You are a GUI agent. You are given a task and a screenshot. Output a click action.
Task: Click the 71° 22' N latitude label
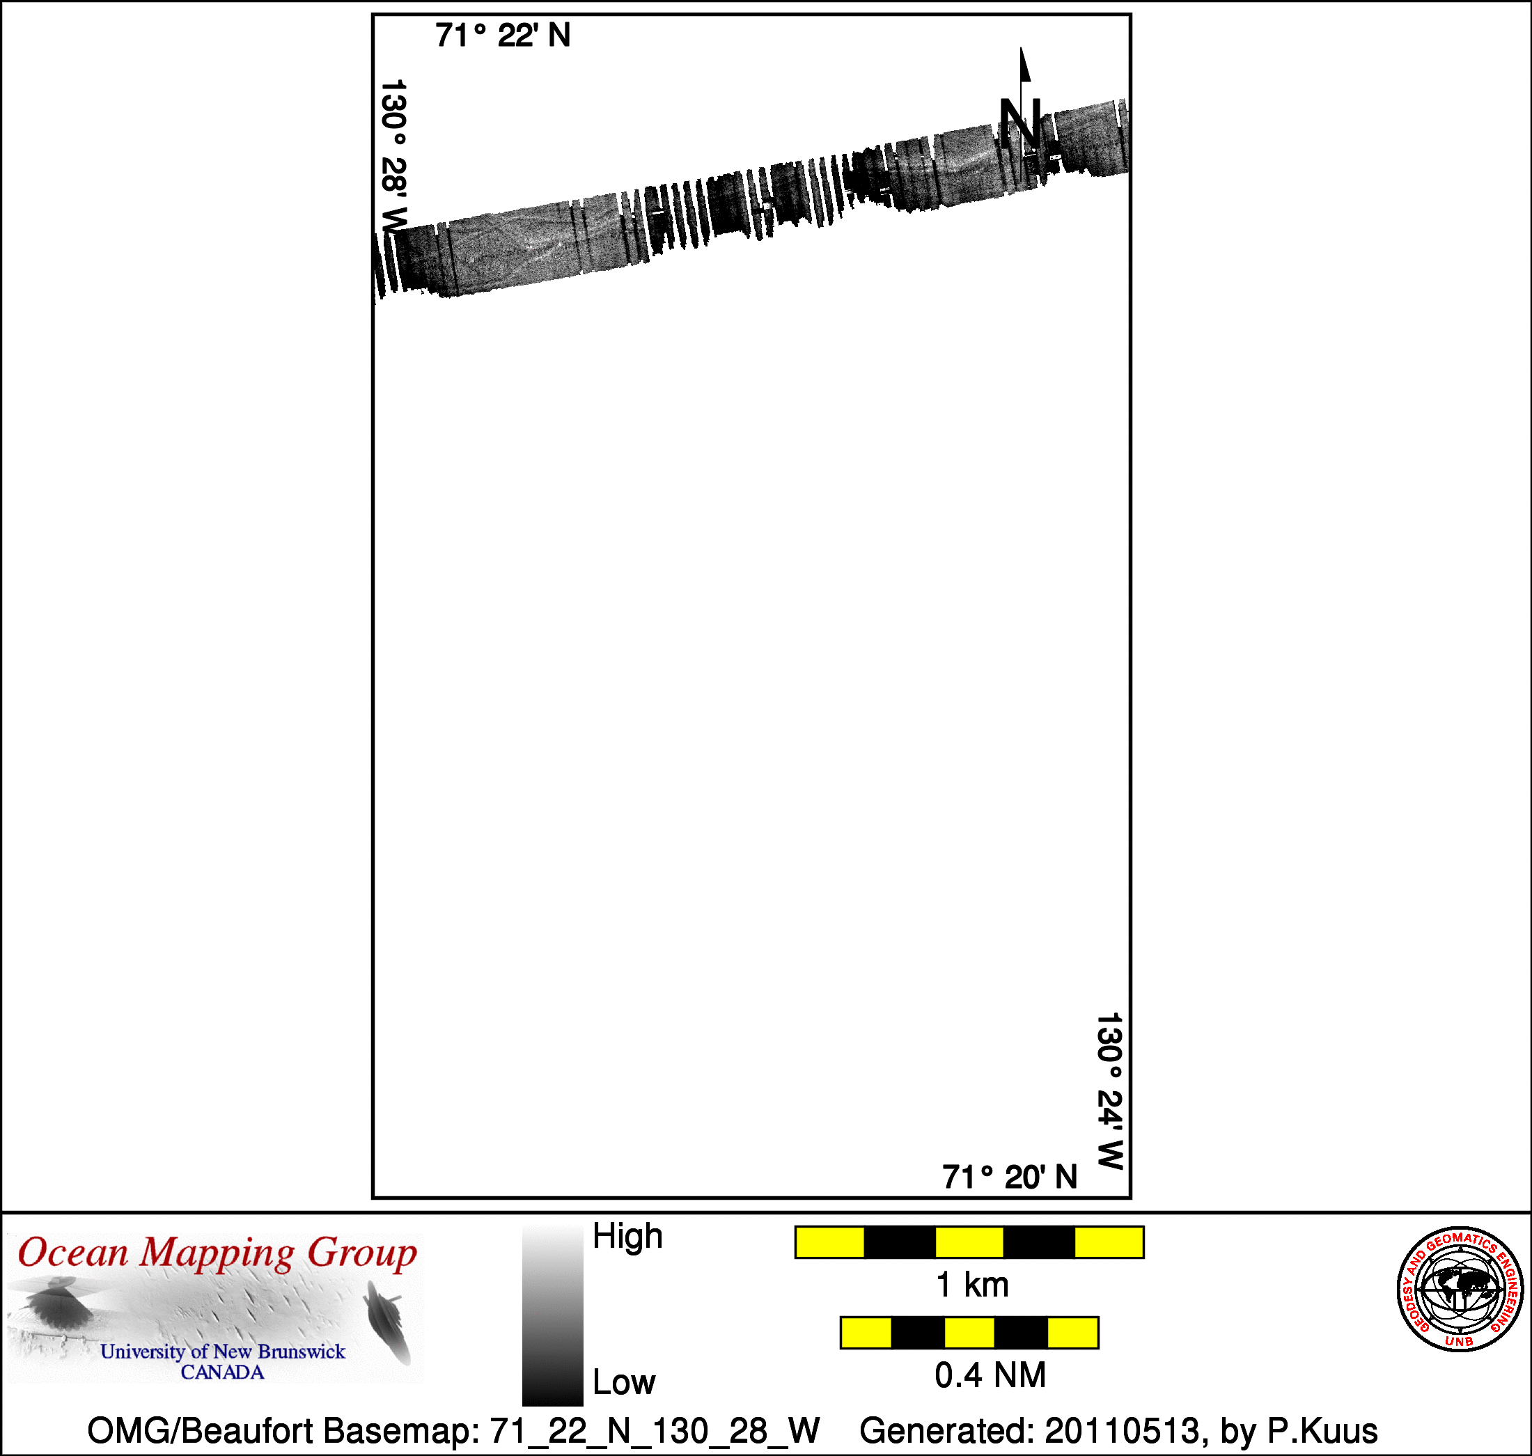pyautogui.click(x=503, y=36)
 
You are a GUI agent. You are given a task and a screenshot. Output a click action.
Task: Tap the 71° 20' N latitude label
pyautogui.click(x=1010, y=1177)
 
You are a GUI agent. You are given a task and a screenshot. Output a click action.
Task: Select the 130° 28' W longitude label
pyautogui.click(x=393, y=156)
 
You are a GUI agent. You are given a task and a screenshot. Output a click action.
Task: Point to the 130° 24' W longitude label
pyautogui.click(x=1110, y=1090)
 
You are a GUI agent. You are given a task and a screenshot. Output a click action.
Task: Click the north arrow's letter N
pyautogui.click(x=1019, y=123)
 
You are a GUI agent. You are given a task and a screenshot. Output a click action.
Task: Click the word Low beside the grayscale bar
pyautogui.click(x=624, y=1382)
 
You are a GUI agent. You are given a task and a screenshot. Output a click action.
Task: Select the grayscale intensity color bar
pyautogui.click(x=553, y=1315)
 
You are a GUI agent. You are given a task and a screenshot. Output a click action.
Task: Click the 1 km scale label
pyautogui.click(x=972, y=1285)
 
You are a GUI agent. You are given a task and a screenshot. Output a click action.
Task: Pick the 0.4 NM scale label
pyautogui.click(x=990, y=1375)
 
